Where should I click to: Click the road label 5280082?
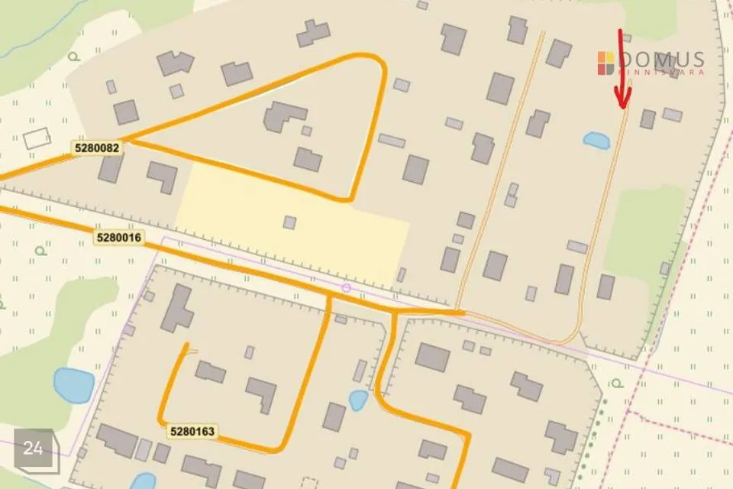pyautogui.click(x=98, y=147)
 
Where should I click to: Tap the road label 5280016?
pyautogui.click(x=119, y=238)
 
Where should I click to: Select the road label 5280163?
pyautogui.click(x=192, y=432)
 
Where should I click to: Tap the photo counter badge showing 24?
pyautogui.click(x=34, y=449)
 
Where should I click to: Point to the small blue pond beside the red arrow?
pyautogui.click(x=596, y=140)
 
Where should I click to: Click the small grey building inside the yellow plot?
pyautogui.click(x=289, y=222)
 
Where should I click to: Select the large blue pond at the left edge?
pyautogui.click(x=73, y=384)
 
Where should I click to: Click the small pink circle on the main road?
pyautogui.click(x=346, y=288)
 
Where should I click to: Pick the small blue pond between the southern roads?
pyautogui.click(x=357, y=400)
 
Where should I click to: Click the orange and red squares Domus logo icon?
pyautogui.click(x=605, y=63)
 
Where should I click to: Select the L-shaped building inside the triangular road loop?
pyautogui.click(x=283, y=117)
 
